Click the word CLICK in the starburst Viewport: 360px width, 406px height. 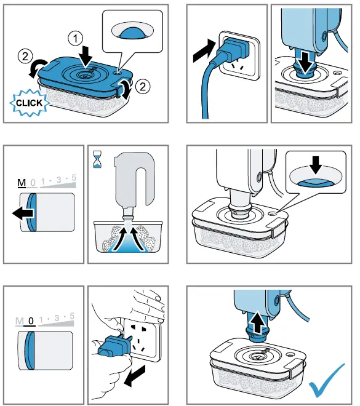tap(29, 103)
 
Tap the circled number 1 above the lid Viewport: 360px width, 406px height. tap(75, 39)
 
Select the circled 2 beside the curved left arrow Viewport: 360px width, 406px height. tap(25, 56)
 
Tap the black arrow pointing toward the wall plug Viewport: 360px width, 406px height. tap(204, 50)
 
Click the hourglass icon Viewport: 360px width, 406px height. tap(97, 159)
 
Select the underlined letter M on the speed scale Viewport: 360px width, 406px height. tap(22, 183)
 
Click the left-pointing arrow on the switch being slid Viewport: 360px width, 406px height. tap(23, 213)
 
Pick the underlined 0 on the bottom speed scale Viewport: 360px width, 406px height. tap(31, 321)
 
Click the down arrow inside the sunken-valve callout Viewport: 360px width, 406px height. tap(316, 165)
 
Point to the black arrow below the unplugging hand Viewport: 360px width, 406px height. tap(135, 376)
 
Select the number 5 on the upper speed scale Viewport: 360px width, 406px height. tap(74, 178)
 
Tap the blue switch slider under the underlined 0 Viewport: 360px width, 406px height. tap(30, 351)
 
